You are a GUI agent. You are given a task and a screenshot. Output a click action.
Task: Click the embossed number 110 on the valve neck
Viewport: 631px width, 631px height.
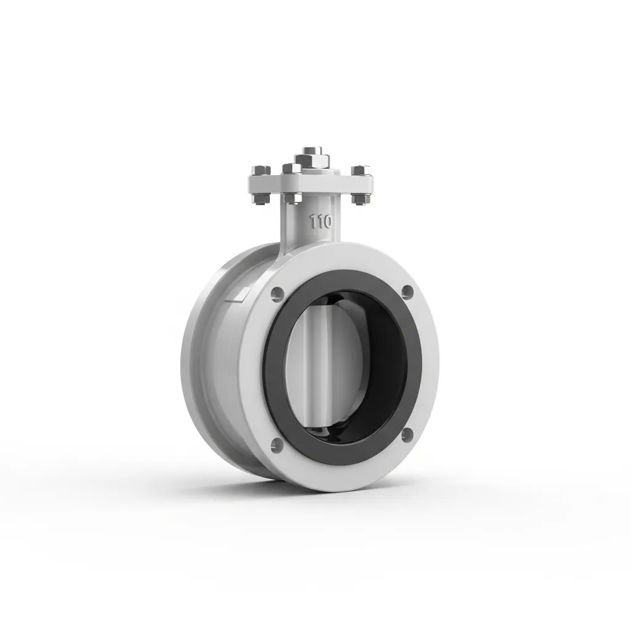[x=320, y=222]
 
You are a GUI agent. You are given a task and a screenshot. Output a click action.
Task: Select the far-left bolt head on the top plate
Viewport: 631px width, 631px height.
[x=261, y=170]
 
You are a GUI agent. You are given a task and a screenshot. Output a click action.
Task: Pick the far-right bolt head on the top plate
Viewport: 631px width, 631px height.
[x=360, y=171]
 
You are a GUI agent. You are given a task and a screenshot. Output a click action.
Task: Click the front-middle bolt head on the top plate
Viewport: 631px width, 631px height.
[x=292, y=169]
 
